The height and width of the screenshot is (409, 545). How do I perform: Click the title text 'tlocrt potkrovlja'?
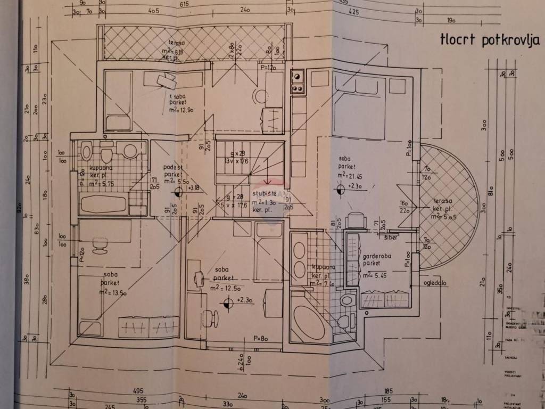point(490,40)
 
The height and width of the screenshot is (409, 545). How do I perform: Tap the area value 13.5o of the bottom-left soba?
point(113,292)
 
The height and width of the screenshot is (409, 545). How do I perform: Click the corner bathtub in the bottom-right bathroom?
point(307,322)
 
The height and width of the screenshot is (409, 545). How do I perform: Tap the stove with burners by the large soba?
point(297,82)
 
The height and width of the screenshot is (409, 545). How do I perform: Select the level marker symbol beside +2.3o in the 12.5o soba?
point(228,303)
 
